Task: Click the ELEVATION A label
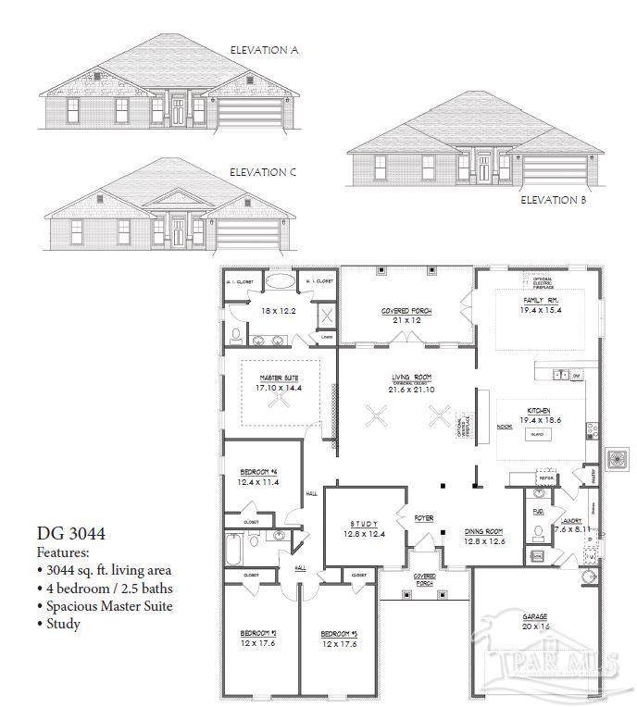264,50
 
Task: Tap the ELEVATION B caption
552,199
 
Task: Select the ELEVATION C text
263,172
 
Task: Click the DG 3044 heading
71,533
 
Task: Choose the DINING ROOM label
485,531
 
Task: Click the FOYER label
424,518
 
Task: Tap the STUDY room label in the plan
363,523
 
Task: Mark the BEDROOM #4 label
258,471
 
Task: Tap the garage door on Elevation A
249,114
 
